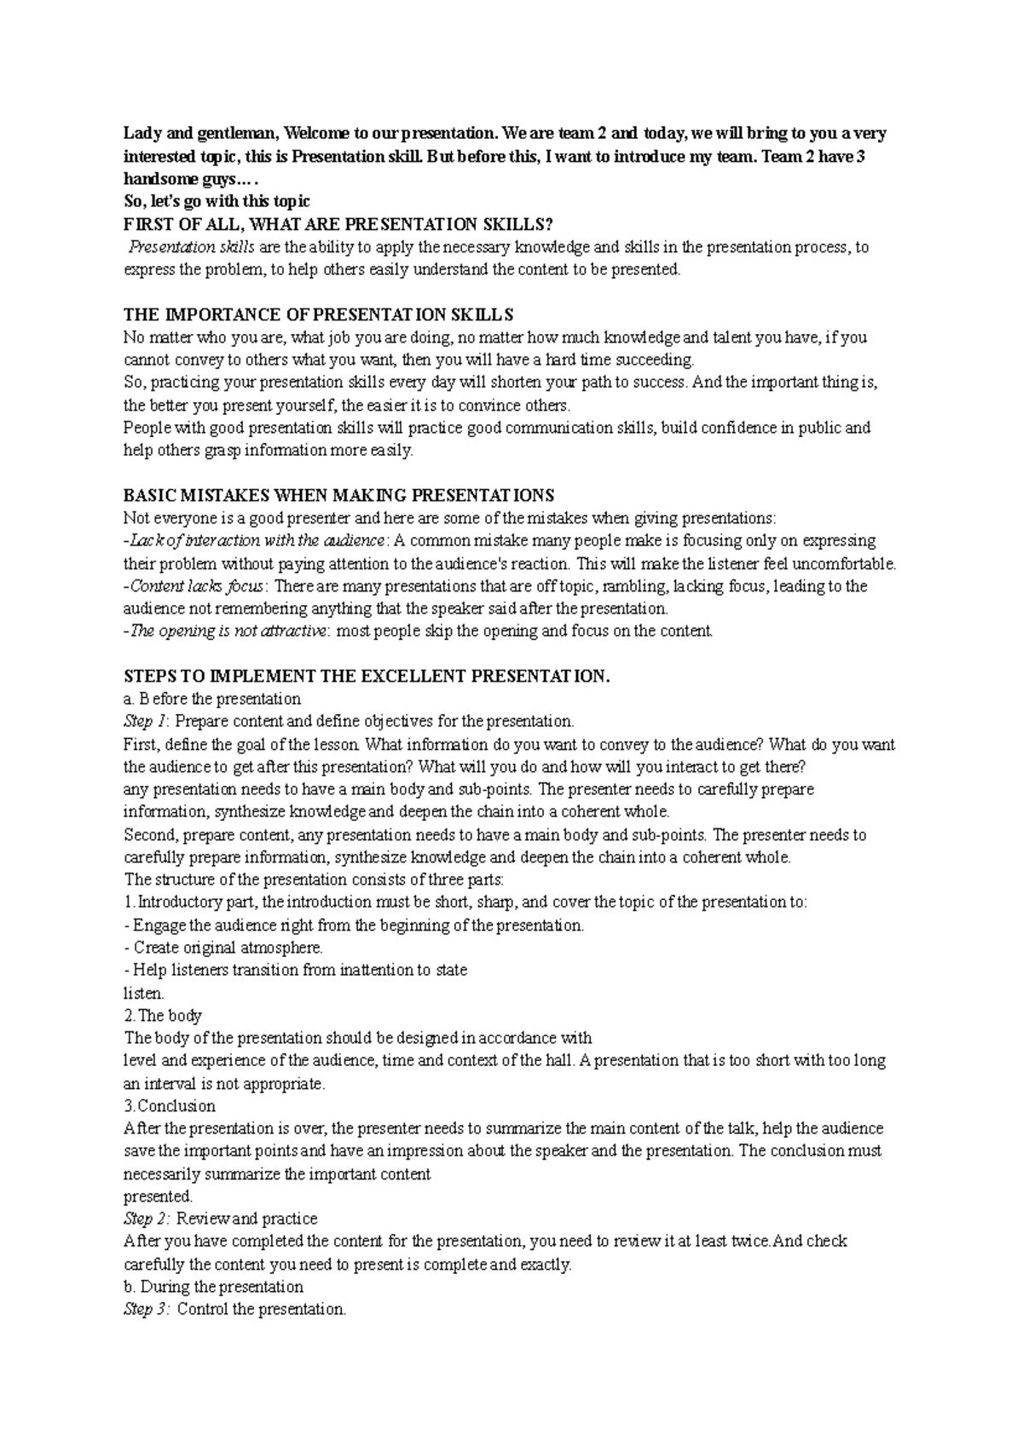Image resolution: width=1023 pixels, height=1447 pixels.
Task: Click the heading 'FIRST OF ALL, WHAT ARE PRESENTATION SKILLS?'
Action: pos(338,224)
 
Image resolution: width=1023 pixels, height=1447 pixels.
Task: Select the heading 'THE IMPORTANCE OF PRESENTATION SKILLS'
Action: pos(319,314)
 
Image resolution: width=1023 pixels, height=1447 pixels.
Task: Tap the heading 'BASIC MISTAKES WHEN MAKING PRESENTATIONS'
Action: pos(338,495)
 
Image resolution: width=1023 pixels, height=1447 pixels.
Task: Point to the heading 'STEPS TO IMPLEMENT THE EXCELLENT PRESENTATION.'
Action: pos(368,677)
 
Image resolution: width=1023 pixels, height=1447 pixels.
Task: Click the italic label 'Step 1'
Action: pos(139,722)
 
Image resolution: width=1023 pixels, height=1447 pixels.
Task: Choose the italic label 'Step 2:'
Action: pos(147,1219)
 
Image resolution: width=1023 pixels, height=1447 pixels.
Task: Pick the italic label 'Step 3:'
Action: pos(147,1309)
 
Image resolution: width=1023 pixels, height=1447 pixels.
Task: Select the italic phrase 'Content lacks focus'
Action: pos(197,586)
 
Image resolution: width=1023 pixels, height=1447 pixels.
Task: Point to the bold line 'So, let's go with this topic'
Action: pos(217,202)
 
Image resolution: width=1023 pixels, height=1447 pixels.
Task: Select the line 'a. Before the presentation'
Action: pos(212,700)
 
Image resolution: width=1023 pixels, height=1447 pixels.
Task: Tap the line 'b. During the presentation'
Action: pos(213,1287)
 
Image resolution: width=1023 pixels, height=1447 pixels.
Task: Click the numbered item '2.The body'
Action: pos(163,1016)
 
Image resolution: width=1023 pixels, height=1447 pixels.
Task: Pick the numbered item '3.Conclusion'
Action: pos(170,1106)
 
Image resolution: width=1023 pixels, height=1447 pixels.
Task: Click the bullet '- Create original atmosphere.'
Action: pos(223,948)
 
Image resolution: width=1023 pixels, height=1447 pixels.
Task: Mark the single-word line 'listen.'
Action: pos(144,994)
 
